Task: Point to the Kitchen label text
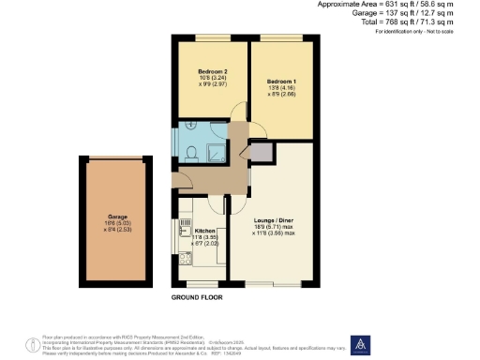click(204, 230)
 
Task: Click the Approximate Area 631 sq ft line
click(403, 5)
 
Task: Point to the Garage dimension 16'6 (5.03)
click(117, 223)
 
